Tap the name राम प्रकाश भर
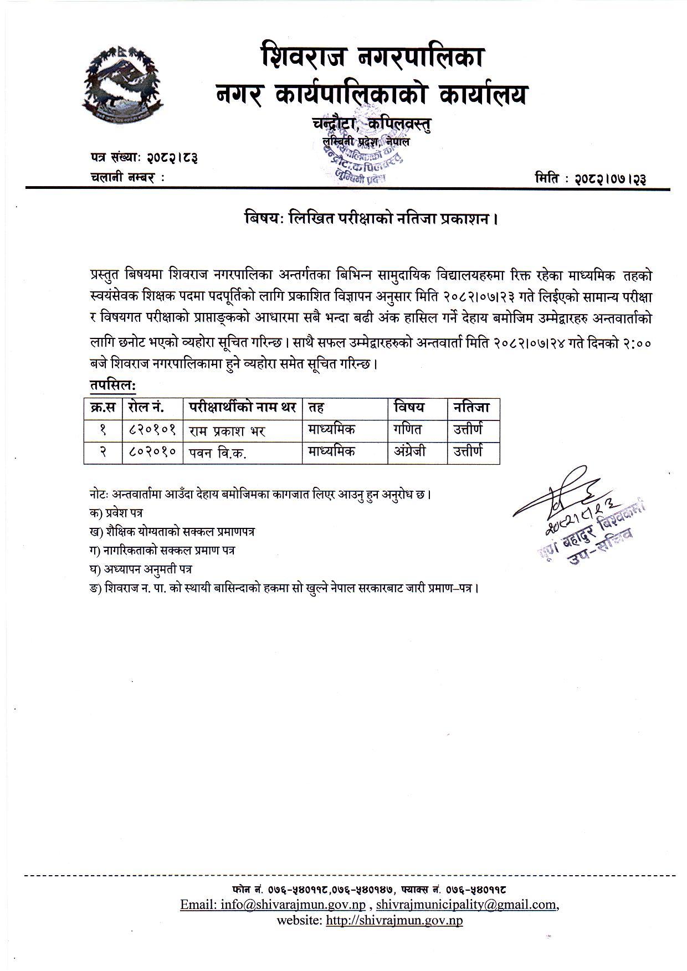[227, 430]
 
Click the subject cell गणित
[408, 429]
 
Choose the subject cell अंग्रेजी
[410, 451]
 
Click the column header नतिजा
[471, 408]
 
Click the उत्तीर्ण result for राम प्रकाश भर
[468, 429]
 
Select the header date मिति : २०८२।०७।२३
[591, 178]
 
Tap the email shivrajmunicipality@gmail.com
[466, 905]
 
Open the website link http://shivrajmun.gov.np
[394, 921]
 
